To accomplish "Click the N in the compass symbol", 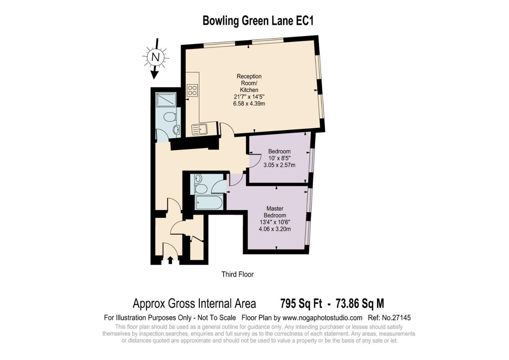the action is [x=156, y=57].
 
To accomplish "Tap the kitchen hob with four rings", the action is [x=192, y=90].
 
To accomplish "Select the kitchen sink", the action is [x=199, y=129].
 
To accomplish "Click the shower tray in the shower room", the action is [x=166, y=100].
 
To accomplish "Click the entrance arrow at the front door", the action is [x=170, y=260].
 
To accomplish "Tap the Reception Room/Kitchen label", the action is [x=249, y=83].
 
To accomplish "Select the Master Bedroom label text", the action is [x=275, y=212].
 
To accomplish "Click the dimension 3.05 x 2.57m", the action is [x=279, y=165].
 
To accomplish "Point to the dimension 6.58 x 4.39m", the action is [x=249, y=104].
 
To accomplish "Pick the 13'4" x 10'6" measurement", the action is [x=275, y=222].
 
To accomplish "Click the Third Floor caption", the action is [x=237, y=274].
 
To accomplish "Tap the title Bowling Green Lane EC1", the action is [x=258, y=21].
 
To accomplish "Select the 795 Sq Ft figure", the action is [x=301, y=304].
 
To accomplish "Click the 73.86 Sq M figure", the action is [x=360, y=304].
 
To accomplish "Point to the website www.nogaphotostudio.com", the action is [x=322, y=318].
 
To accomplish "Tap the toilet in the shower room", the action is [x=170, y=117].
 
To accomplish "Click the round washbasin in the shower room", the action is [x=176, y=130].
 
